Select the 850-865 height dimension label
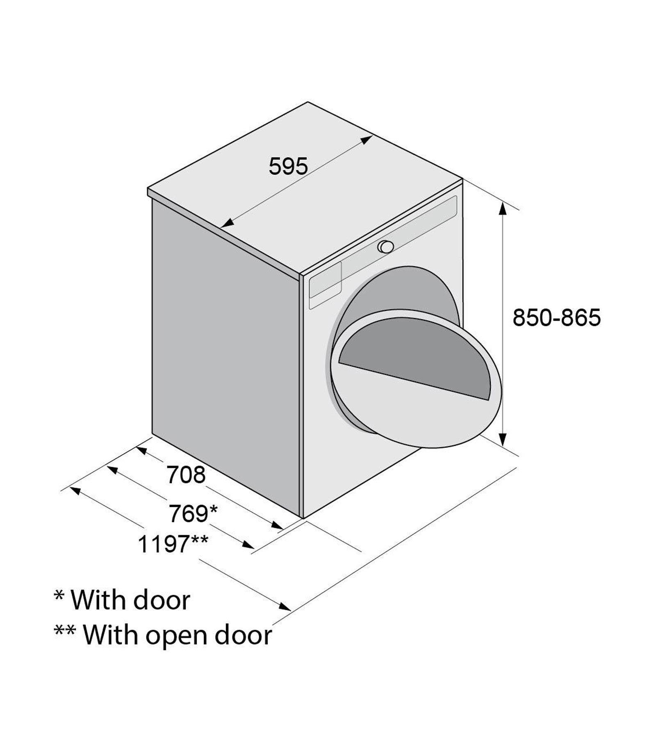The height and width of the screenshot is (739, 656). pos(556,317)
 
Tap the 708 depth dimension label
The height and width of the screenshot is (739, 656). pos(186,475)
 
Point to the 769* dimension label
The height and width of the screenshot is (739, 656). pos(193,514)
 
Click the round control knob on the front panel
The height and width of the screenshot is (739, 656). pos(386,247)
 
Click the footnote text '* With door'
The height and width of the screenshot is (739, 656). pos(122,600)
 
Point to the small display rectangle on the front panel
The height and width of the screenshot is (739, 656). pos(326,280)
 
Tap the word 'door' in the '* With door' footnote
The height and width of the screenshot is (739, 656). pos(162,600)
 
